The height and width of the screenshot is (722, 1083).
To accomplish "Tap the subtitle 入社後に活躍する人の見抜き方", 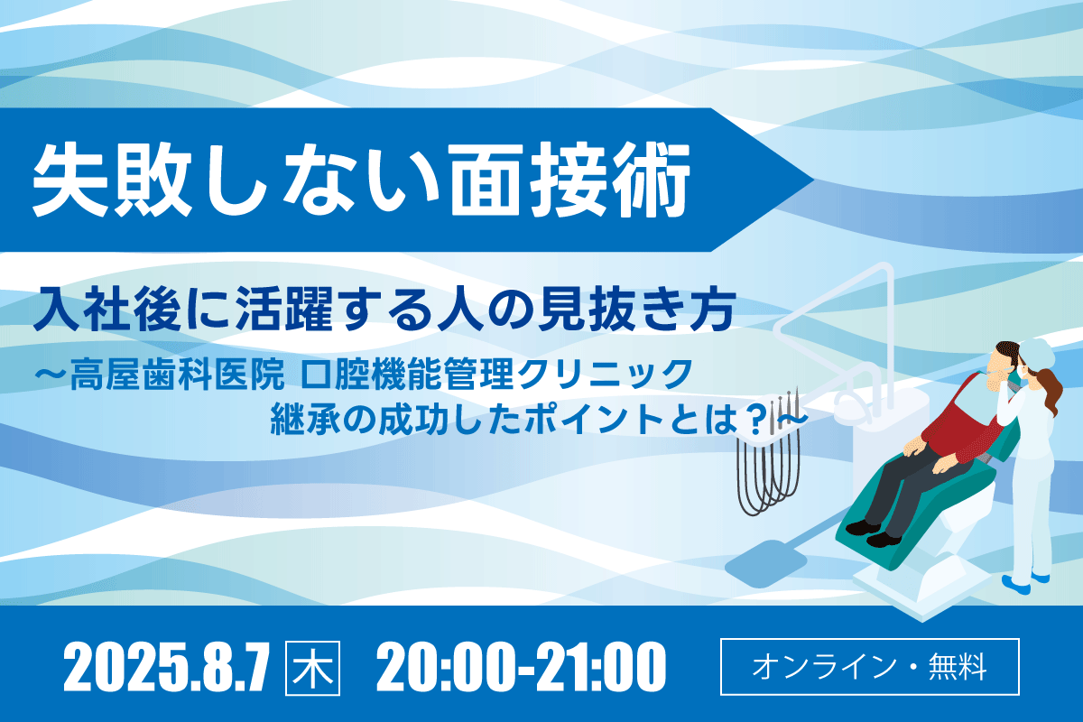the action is click(x=384, y=309).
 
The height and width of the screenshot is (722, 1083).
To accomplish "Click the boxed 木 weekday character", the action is click(x=312, y=668).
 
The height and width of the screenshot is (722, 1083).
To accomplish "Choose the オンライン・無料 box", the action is click(x=870, y=667).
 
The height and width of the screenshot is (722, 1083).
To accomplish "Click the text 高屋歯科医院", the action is click(x=177, y=374).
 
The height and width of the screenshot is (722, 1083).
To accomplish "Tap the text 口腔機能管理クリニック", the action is click(x=497, y=374).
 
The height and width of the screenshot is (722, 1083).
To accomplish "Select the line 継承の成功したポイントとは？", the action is click(x=524, y=419).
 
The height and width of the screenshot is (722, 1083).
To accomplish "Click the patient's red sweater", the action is click(x=962, y=426).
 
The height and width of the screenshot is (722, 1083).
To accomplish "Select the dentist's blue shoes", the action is click(x=1025, y=582).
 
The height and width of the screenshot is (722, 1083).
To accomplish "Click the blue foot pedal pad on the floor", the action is click(x=765, y=563).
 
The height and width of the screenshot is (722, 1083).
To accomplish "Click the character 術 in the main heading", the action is click(x=652, y=180).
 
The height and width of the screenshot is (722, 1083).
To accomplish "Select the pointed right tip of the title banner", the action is click(x=814, y=180).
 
